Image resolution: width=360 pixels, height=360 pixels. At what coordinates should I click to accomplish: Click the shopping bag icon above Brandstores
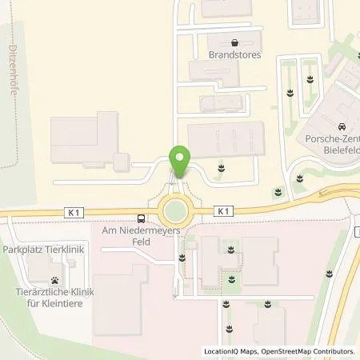pyautogui.click(x=234, y=43)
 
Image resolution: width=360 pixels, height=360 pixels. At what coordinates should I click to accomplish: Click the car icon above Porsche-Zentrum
pyautogui.click(x=342, y=127)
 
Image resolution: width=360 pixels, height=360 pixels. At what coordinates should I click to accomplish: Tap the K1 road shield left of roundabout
pyautogui.click(x=73, y=211)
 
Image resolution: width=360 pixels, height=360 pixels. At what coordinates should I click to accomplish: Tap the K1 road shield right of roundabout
pyautogui.click(x=222, y=211)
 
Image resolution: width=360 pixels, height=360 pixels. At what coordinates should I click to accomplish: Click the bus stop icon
pyautogui.click(x=141, y=218)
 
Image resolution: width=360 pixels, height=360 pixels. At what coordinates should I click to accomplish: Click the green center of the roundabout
pyautogui.click(x=174, y=212)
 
